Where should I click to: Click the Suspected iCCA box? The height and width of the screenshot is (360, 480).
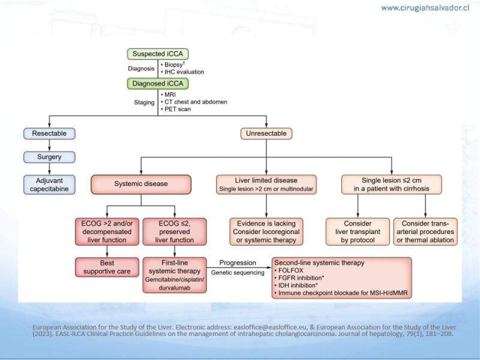157,54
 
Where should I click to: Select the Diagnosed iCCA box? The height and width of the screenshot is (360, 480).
157,83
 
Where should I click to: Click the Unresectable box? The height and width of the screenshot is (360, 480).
266,133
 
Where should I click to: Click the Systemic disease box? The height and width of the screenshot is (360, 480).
140,185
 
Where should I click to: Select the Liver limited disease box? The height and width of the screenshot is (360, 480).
266,185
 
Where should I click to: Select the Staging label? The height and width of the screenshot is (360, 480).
143,103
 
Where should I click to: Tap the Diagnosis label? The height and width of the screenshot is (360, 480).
141,68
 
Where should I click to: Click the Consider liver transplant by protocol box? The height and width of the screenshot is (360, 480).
358,232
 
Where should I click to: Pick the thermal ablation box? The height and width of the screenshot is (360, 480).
425,232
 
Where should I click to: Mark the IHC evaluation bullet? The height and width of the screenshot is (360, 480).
183,72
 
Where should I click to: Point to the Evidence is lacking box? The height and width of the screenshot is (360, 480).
266,232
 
